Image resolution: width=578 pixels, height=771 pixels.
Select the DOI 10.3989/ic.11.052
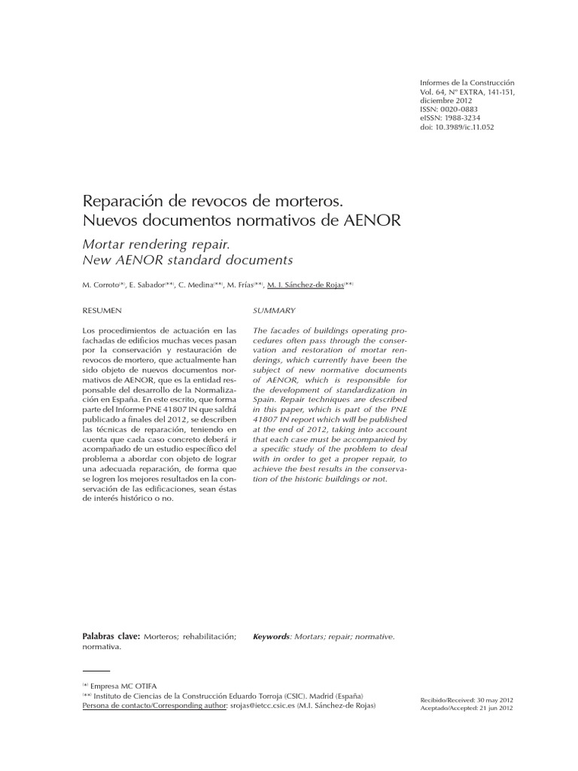tap(461, 127)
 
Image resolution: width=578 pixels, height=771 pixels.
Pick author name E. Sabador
tap(148, 286)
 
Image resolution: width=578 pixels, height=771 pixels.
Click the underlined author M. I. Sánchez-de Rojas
tap(306, 286)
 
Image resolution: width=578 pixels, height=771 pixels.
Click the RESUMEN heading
tap(102, 310)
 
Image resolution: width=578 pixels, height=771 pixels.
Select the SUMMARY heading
tap(274, 310)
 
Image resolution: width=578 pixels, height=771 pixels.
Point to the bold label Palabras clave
tap(110, 636)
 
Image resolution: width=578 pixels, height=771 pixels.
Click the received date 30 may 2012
tap(496, 700)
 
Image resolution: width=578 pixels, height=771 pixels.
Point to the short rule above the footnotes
tap(96, 670)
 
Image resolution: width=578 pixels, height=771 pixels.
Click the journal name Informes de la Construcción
tap(467, 82)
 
